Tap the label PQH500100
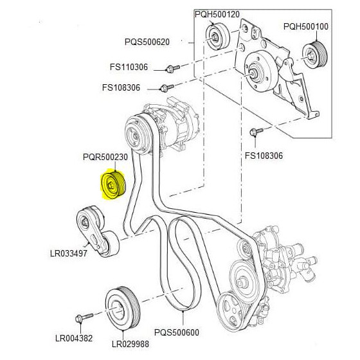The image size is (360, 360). point(306,26)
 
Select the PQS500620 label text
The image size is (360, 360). point(147,42)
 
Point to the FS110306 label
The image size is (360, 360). point(129,67)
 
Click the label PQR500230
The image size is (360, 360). point(105,157)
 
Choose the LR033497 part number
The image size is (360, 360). point(69,253)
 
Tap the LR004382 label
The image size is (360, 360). point(74,338)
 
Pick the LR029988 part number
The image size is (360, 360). point(130,344)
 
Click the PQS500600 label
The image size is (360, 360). point(177,332)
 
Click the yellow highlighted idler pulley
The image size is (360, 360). point(113,185)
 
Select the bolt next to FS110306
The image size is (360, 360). point(172,68)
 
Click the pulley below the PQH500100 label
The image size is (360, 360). point(315,55)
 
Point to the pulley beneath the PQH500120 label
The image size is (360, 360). point(217,36)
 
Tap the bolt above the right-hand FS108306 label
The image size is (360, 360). point(256,132)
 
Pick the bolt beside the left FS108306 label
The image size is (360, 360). point(166,87)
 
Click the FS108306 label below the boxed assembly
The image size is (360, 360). point(264,156)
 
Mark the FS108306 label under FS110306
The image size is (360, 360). point(121,87)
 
